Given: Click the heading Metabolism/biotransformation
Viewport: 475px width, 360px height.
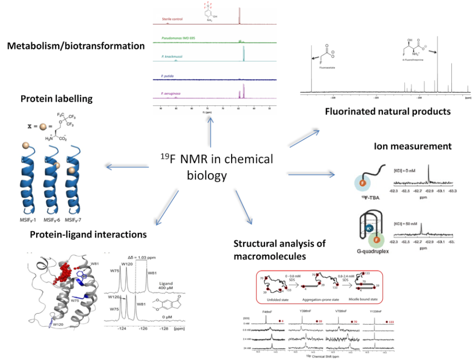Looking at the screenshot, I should (76, 46).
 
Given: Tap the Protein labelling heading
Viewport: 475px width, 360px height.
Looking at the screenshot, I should (56, 99).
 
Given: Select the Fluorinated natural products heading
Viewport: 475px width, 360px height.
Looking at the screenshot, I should (387, 111).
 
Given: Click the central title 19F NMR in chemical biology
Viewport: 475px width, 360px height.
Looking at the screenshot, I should (217, 166).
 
